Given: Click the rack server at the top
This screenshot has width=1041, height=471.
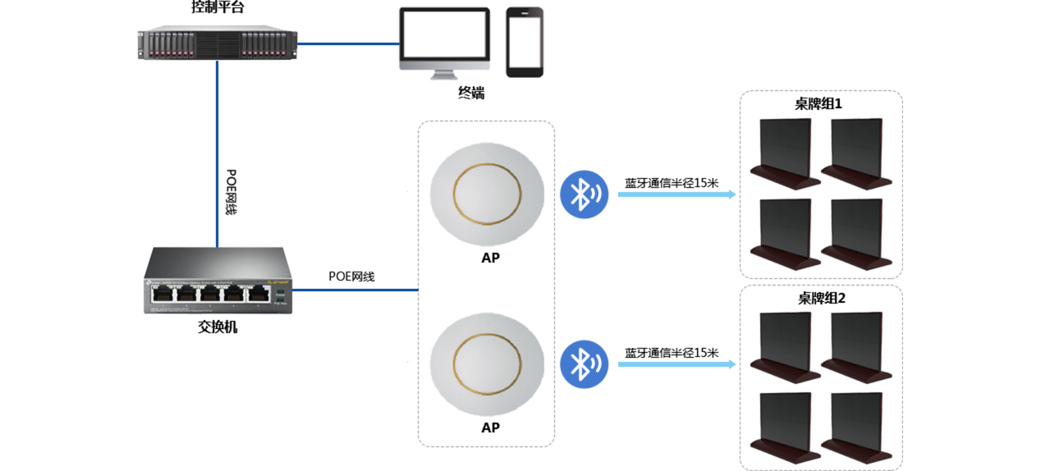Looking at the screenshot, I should click(217, 44).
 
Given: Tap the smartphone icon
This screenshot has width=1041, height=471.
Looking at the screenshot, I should click(525, 43).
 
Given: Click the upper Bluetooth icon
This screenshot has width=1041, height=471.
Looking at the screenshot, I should click(584, 194).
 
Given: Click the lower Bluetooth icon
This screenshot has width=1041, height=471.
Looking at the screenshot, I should click(584, 364).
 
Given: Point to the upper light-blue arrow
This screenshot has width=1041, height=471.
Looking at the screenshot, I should click(676, 194).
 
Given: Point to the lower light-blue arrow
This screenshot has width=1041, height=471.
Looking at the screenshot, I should click(676, 364).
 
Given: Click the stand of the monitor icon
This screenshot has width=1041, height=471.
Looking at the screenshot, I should click(444, 75).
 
